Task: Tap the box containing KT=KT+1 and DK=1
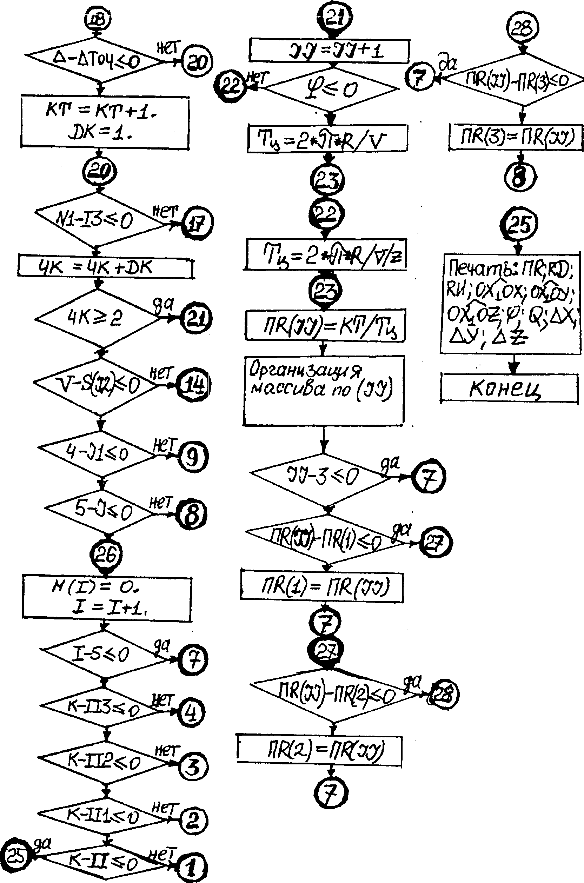coord(105,122)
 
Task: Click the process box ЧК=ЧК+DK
coord(105,267)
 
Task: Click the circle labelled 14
coord(194,384)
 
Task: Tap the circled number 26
coord(106,555)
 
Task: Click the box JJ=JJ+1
coord(329,51)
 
